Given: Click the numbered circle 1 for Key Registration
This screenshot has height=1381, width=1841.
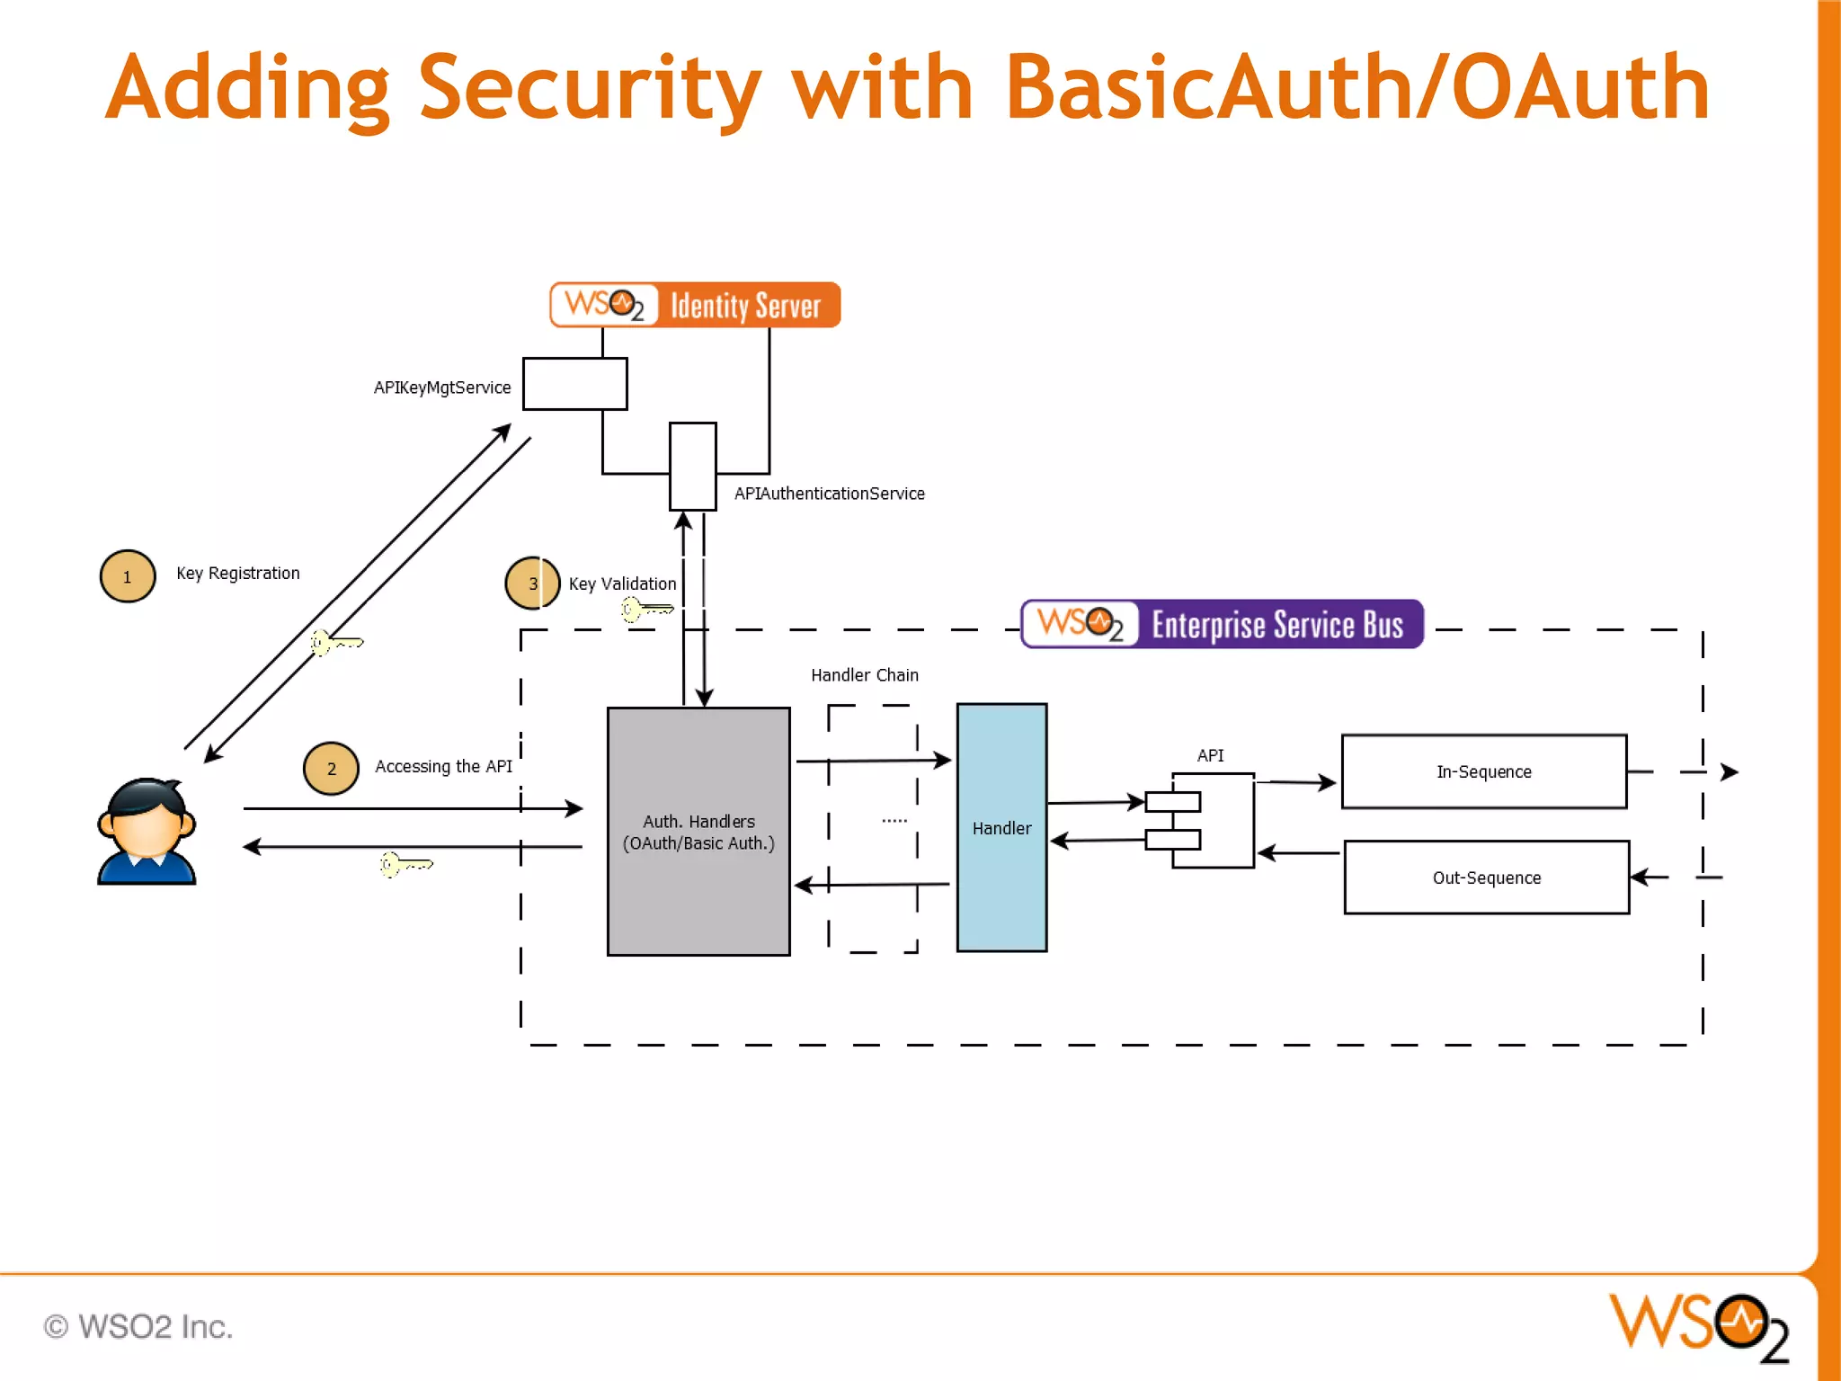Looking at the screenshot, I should pos(128,576).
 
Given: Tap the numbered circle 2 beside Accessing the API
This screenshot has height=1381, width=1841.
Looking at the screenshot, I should pos(331,769).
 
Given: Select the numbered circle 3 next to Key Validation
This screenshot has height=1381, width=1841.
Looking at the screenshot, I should pos(532,584).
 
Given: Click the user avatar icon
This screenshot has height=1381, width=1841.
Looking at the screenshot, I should pos(147,832).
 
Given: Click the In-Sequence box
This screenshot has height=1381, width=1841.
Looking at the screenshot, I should pos(1483,772).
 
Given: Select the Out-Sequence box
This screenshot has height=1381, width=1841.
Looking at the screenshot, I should pos(1486,878).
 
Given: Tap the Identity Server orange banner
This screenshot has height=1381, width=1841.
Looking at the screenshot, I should pos(695,306).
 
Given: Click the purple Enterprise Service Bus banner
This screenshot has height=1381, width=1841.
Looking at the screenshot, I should pos(1223,624).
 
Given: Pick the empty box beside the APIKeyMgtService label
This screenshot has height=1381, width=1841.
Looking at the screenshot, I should pos(575,384).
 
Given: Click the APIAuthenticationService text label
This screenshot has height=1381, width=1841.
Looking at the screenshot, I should pos(829,494).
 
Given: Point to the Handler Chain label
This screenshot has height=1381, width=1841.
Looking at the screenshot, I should pos(864,675).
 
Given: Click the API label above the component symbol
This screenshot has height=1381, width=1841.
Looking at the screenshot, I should pos(1210,756).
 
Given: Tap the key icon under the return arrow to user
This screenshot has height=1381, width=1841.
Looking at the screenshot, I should pos(405,865).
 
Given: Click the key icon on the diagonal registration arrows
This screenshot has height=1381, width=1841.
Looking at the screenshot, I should pos(335,643).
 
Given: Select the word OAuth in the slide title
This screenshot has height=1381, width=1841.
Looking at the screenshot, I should pos(1580,87).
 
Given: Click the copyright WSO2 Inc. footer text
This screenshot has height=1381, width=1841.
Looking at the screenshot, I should pos(138,1327).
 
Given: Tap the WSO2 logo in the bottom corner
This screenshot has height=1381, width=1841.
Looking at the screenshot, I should pos(1699,1326).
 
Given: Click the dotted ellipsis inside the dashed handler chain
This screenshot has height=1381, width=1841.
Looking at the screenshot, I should pos(894,821).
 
